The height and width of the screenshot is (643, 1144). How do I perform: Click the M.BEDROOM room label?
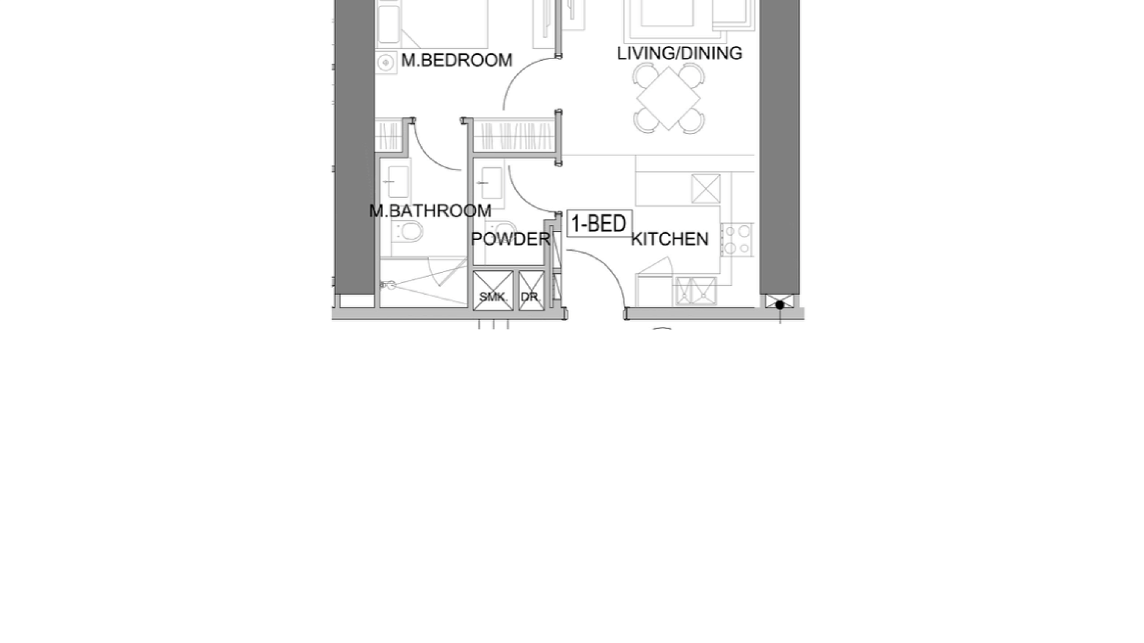click(456, 60)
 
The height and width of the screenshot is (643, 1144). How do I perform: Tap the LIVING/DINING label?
click(679, 53)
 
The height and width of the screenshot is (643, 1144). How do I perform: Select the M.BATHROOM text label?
click(430, 211)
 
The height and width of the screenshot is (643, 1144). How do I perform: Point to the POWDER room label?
click(510, 239)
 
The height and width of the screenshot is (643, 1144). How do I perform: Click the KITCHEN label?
click(670, 239)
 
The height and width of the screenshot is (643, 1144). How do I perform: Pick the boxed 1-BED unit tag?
click(599, 224)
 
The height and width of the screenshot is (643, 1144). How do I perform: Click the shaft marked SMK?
click(493, 291)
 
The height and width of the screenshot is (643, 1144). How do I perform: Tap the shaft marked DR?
click(531, 291)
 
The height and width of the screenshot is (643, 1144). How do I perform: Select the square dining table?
click(669, 98)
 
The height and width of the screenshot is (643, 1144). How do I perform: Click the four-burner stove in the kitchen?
click(737, 239)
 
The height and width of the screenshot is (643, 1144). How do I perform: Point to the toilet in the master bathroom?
click(408, 231)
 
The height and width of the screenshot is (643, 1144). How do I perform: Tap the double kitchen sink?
click(695, 291)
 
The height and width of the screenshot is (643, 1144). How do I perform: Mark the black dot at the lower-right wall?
click(779, 305)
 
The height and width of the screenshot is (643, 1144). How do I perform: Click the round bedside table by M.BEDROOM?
click(386, 63)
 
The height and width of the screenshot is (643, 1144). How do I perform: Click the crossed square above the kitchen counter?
click(706, 189)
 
